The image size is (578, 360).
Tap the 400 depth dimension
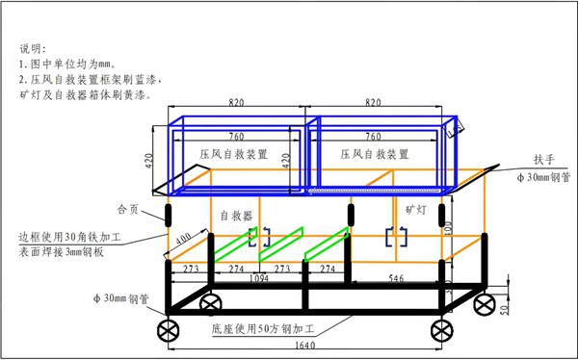180,238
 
